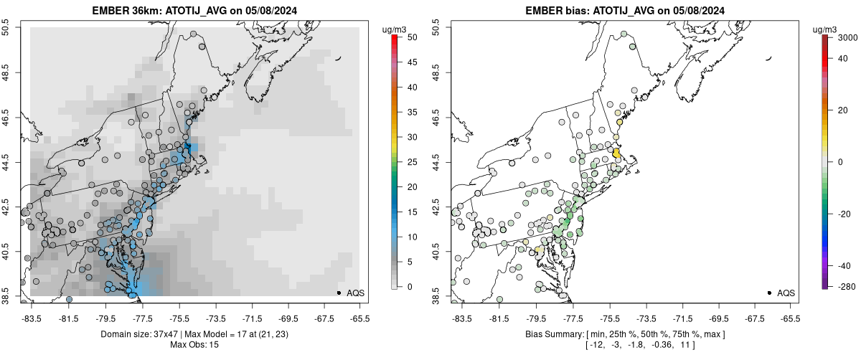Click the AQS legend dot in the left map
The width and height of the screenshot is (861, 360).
click(x=338, y=293)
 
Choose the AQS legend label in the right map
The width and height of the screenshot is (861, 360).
click(x=786, y=293)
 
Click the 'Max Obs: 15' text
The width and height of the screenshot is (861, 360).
click(x=195, y=345)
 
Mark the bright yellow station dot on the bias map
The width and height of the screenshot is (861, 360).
click(x=616, y=153)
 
